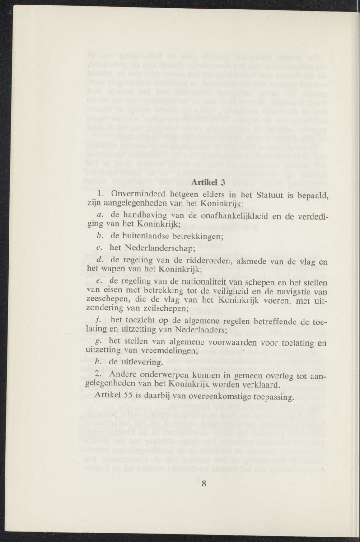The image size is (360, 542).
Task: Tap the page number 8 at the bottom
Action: coord(204,484)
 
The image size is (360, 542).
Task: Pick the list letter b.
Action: coord(98,235)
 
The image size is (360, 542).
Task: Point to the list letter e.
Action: coord(98,281)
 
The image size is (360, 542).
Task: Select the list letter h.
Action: coord(98,363)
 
